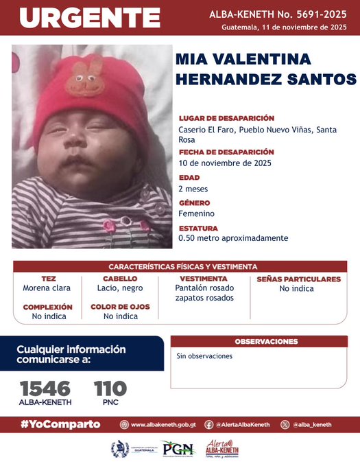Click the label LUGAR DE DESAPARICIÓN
pos(226,118)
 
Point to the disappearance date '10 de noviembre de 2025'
pos(225,163)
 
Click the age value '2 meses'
pos(193,189)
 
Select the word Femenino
pos(196,213)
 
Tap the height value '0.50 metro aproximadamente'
pos(233,238)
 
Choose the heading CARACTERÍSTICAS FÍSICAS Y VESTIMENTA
pos(183,266)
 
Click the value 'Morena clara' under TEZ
pos(47,289)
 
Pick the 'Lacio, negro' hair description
pos(119,289)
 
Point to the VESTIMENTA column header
pos(204,279)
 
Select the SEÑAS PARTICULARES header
pos(298,279)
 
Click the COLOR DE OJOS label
pos(120,307)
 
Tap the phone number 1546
pos(45,388)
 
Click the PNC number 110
pos(110,388)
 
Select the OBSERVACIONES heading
pos(266,341)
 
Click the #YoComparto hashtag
pos(61,424)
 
